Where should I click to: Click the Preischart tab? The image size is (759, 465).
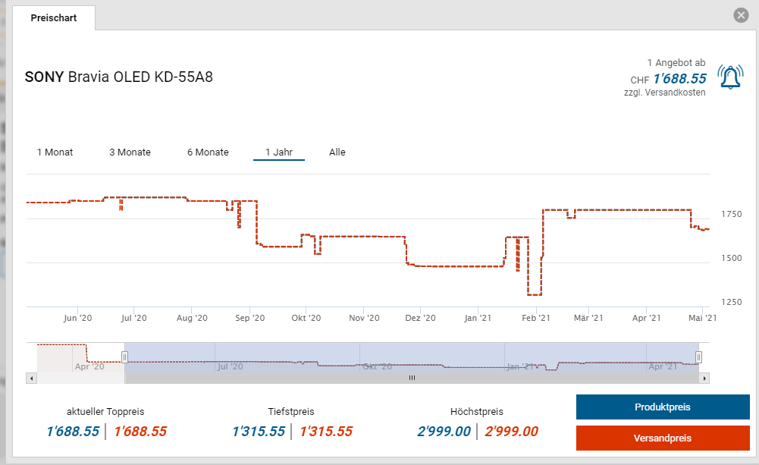pyautogui.click(x=54, y=17)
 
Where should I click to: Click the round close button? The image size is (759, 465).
pyautogui.click(x=742, y=15)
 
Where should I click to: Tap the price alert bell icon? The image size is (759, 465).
pyautogui.click(x=731, y=77)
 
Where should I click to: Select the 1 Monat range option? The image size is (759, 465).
pyautogui.click(x=55, y=152)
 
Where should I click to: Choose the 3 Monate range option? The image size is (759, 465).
pyautogui.click(x=130, y=152)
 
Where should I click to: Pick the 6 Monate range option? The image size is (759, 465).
pyautogui.click(x=208, y=152)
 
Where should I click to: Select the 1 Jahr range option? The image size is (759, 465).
pyautogui.click(x=279, y=152)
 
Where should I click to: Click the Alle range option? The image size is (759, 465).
pyautogui.click(x=337, y=152)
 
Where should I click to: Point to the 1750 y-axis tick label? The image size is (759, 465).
pyautogui.click(x=732, y=215)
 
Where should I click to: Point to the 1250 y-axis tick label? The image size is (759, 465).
pyautogui.click(x=732, y=303)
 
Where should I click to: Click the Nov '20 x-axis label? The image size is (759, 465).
pyautogui.click(x=364, y=319)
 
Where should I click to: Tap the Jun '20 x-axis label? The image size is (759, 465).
pyautogui.click(x=78, y=319)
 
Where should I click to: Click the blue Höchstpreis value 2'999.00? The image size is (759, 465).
pyautogui.click(x=444, y=432)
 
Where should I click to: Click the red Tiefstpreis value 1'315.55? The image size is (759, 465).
pyautogui.click(x=326, y=432)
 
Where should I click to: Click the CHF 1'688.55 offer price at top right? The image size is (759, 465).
pyautogui.click(x=679, y=79)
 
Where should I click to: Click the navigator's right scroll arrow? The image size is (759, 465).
pyautogui.click(x=704, y=378)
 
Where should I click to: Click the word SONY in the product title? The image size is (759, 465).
pyautogui.click(x=44, y=77)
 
